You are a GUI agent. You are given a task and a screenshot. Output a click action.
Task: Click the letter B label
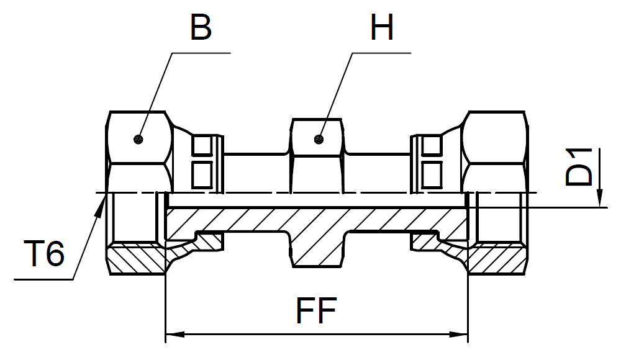[x=201, y=29]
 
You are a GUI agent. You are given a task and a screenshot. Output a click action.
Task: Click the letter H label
[x=381, y=29]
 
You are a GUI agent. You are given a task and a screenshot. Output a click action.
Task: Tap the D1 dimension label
[x=579, y=166]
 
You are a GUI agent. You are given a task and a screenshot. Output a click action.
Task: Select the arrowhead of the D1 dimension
[x=599, y=200]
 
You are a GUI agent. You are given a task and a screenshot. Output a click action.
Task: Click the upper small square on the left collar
[x=201, y=146]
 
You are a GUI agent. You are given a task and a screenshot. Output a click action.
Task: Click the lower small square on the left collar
[x=201, y=174]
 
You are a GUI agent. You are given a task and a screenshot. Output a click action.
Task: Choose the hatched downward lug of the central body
[x=317, y=248]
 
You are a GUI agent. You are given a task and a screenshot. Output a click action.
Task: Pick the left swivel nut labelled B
[x=138, y=155]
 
